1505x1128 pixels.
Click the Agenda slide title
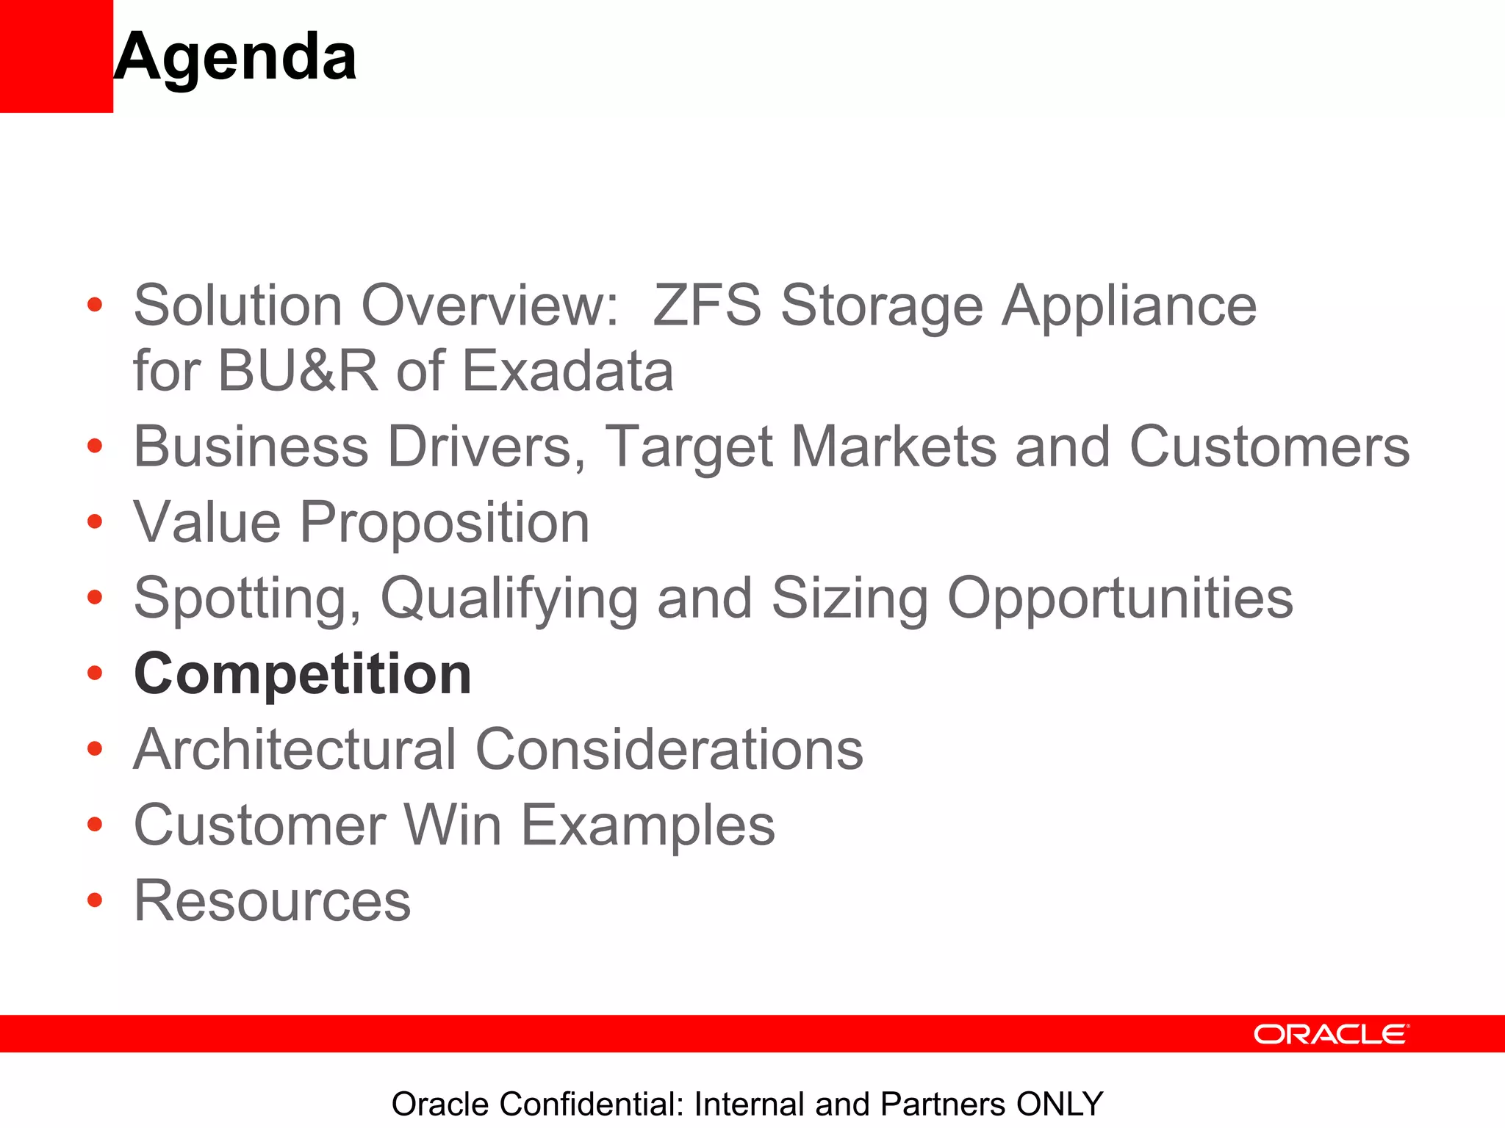pos(235,57)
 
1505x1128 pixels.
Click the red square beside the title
pos(56,56)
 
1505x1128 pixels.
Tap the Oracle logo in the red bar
pos(1331,1034)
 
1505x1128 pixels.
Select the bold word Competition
pos(303,673)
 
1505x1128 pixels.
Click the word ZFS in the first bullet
pos(706,305)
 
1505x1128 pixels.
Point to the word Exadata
pos(567,371)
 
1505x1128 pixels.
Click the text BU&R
pos(298,371)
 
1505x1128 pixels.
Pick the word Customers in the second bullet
pos(1269,446)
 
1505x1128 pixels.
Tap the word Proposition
pos(445,522)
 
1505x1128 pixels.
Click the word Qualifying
pos(509,599)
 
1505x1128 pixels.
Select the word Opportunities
pos(1120,599)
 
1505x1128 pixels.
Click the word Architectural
pos(295,749)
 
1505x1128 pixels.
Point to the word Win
pos(453,825)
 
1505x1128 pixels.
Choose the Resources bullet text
pos(272,901)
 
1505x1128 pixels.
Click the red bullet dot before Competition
pos(94,673)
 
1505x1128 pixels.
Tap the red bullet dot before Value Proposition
pos(94,522)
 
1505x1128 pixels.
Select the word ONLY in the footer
pos(1059,1104)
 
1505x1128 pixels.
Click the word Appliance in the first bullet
pos(1129,305)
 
